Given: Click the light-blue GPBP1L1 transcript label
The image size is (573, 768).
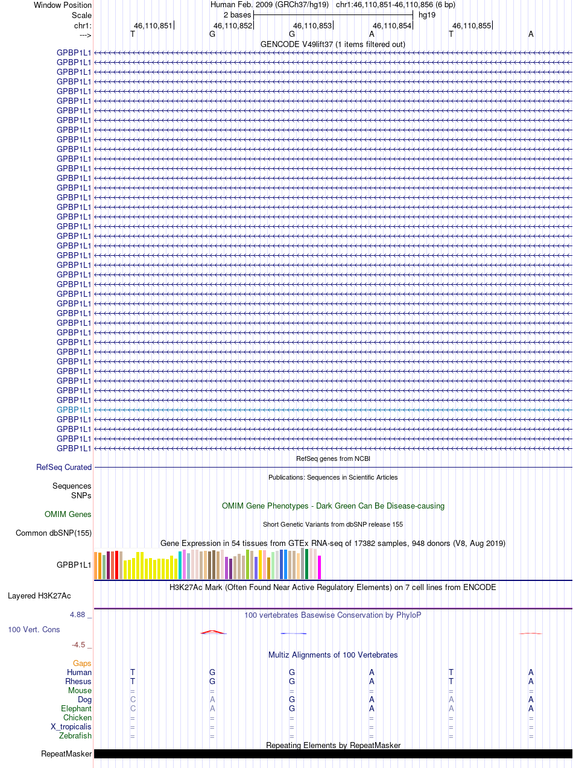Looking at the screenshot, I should (x=74, y=410).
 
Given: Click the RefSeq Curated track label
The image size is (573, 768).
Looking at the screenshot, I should (x=64, y=467).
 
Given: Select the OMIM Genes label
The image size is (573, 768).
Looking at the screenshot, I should (x=68, y=515).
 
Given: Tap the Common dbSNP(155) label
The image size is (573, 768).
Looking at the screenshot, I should (x=54, y=533).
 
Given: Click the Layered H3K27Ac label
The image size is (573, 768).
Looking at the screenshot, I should (x=39, y=596).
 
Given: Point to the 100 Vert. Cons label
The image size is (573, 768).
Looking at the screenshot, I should (x=34, y=629).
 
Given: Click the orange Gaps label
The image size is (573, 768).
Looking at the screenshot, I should (x=82, y=663).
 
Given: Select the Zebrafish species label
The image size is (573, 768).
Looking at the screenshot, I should (x=75, y=736).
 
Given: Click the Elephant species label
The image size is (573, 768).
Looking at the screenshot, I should (x=76, y=709).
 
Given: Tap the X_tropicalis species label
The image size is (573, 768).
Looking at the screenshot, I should (x=71, y=727).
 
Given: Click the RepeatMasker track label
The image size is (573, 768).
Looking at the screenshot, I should (x=66, y=754).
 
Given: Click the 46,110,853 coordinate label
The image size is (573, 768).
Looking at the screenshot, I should (x=312, y=25).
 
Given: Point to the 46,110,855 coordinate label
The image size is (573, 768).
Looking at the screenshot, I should (x=472, y=25).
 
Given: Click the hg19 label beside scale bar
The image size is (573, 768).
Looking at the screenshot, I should (x=427, y=14).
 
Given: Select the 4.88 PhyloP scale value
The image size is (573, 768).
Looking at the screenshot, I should (x=81, y=615).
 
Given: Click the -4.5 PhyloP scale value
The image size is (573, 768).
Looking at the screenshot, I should (x=81, y=645).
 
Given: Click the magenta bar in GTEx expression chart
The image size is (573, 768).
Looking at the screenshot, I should (x=320, y=567).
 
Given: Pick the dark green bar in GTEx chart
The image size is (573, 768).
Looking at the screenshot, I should (x=307, y=563).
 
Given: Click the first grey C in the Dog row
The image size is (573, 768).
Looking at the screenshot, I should (x=133, y=700).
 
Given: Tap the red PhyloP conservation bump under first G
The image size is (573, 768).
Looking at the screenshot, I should (x=214, y=632).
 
